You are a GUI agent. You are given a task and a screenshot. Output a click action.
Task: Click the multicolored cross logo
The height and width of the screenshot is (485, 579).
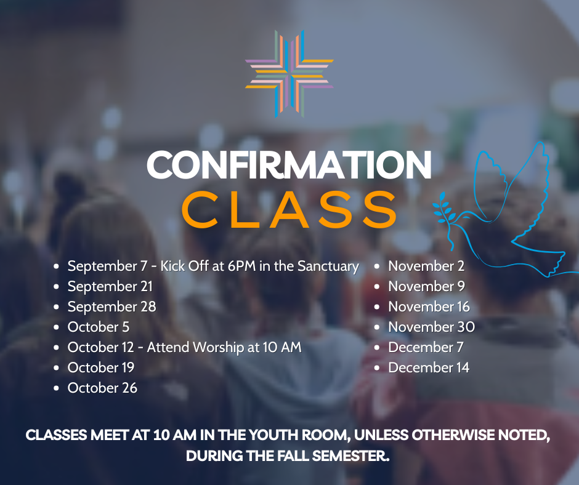tap(289, 74)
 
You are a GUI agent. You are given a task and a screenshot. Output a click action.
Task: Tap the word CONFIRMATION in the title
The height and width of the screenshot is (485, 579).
tap(289, 164)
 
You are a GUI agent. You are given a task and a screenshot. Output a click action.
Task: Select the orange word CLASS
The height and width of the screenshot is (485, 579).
tap(289, 209)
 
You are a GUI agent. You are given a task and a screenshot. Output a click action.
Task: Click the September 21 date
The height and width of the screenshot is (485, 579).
tap(110, 286)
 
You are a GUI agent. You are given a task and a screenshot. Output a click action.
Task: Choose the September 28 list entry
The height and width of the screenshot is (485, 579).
tap(112, 307)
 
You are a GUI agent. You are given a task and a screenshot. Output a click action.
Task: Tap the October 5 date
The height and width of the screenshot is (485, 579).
tap(99, 327)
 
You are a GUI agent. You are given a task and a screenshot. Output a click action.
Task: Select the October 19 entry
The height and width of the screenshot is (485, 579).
tap(101, 367)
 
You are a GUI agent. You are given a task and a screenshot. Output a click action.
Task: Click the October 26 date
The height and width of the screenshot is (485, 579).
tap(102, 388)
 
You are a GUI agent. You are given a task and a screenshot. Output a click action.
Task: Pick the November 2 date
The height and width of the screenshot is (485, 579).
tap(426, 266)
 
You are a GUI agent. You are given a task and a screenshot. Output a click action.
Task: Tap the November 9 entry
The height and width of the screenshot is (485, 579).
tap(426, 286)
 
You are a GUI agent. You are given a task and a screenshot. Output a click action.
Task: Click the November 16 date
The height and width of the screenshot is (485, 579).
tap(429, 307)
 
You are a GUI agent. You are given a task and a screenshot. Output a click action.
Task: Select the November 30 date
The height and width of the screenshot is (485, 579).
tap(431, 327)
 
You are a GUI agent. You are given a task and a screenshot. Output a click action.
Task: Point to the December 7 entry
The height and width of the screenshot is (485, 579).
tap(426, 347)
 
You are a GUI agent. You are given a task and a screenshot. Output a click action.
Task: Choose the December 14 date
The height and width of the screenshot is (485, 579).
tap(429, 367)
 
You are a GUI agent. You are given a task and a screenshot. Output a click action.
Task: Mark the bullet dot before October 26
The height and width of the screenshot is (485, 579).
tap(56, 388)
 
